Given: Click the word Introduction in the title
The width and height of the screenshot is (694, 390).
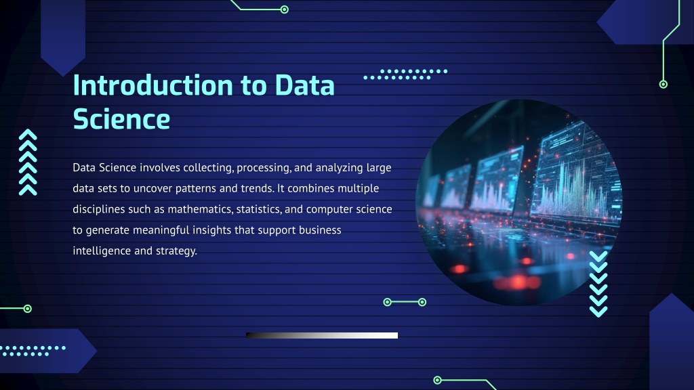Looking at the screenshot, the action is coord(152,85).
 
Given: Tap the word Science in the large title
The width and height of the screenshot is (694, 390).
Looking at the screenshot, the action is coord(121,119).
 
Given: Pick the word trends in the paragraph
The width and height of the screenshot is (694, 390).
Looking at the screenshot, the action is coord(257,188).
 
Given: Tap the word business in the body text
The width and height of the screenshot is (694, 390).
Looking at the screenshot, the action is coord(320,230).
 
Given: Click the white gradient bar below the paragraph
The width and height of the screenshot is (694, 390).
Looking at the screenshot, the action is coord(322,335).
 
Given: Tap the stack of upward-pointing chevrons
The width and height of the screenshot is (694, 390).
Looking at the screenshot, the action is coord(28,162).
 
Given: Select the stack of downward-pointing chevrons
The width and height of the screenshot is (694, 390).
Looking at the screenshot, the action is coord(598,284).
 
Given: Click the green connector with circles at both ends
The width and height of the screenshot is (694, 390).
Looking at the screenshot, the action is coord(405,302).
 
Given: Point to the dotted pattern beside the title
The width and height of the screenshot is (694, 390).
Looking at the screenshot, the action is coord(405,74).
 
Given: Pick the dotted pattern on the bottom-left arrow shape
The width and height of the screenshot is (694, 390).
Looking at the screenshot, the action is coord(33,351).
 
